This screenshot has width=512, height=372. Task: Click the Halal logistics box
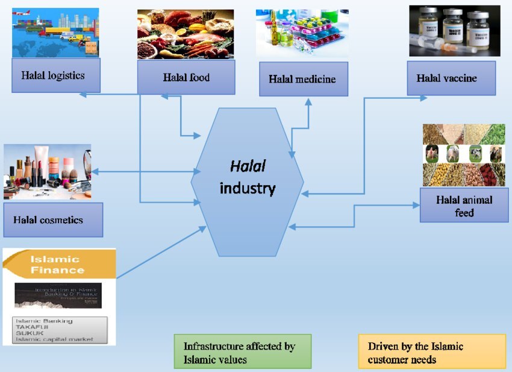[55, 75]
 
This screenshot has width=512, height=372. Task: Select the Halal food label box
[186, 77]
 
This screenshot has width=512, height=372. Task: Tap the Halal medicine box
[304, 79]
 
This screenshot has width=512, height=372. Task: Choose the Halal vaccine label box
[451, 78]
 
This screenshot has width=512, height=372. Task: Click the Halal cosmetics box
[52, 219]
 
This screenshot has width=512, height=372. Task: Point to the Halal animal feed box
[464, 205]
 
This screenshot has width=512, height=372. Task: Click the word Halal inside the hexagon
[248, 166]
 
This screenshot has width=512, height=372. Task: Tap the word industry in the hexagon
[248, 188]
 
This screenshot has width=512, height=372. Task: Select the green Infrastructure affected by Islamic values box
[242, 352]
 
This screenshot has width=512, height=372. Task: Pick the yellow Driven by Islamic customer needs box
[431, 352]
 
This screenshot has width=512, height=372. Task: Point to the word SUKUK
[30, 333]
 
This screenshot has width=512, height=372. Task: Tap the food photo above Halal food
[186, 34]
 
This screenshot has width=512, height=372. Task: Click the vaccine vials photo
[455, 31]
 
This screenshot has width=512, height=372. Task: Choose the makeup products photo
[47, 171]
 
